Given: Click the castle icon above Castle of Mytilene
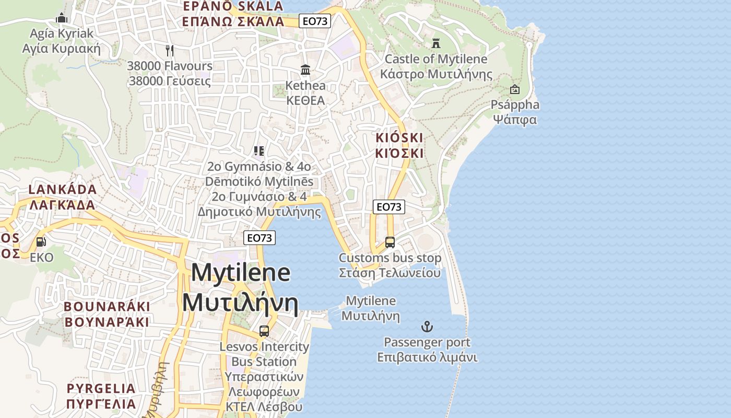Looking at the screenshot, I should coord(435,43).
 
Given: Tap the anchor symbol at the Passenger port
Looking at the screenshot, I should coord(427,327).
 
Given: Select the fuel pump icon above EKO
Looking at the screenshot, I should coord(41,241).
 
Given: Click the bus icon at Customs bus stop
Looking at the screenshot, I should coord(390,242).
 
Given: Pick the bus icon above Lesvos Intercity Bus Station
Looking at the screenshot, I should coord(264,331).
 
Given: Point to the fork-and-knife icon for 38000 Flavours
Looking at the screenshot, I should coord(170,50).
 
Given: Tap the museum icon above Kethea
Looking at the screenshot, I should coord(305,69).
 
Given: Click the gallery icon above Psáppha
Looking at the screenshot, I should coord(515,89).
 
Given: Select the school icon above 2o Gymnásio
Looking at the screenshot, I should coord(259,151).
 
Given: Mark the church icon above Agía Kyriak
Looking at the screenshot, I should coord(62,18).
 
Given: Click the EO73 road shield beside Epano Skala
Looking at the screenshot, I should coord(315,21).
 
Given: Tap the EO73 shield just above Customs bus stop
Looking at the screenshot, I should coord(389,207).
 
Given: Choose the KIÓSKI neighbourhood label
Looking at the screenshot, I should coord(399,138).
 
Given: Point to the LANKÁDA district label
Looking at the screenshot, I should coord(63,189).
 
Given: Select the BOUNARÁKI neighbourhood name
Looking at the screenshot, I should coord(107,306).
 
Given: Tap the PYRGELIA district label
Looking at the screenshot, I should coord(101,388).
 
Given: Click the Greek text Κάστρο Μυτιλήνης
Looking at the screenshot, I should coord(436,74).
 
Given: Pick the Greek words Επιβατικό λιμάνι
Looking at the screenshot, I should coord(427,358).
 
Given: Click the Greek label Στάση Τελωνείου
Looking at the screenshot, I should coord(390,273).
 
